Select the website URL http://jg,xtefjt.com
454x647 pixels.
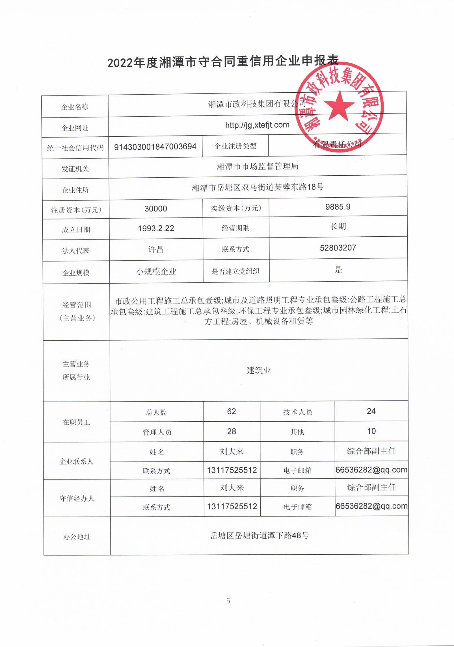tap(257, 125)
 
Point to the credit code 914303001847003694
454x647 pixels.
tap(155, 147)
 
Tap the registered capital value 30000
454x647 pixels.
tap(156, 209)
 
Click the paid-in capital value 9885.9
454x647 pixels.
tap(338, 207)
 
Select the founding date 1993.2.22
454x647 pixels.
tap(156, 228)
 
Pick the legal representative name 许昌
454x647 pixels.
tap(156, 250)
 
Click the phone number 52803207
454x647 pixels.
tap(338, 248)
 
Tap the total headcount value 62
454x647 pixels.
tap(232, 411)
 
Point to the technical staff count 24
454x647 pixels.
tap(371, 411)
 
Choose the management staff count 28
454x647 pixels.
tap(232, 432)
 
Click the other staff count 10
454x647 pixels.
tap(371, 431)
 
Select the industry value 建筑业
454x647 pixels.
tap(259, 370)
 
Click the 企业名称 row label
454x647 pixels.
tap(75, 107)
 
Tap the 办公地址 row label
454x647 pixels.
tap(77, 537)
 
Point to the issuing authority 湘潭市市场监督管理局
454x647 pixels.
tap(258, 167)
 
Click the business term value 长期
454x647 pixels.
tap(338, 226)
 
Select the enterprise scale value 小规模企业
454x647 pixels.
tap(156, 272)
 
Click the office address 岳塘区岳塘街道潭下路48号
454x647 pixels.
tap(260, 535)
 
